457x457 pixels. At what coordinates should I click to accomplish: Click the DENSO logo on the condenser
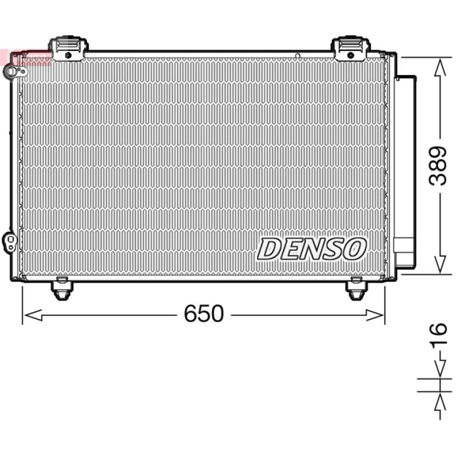(x=311, y=249)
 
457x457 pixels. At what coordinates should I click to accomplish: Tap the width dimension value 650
(x=204, y=313)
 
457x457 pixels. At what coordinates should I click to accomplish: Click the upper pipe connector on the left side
(x=14, y=71)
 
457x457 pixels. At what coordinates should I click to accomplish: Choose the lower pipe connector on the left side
(x=10, y=242)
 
